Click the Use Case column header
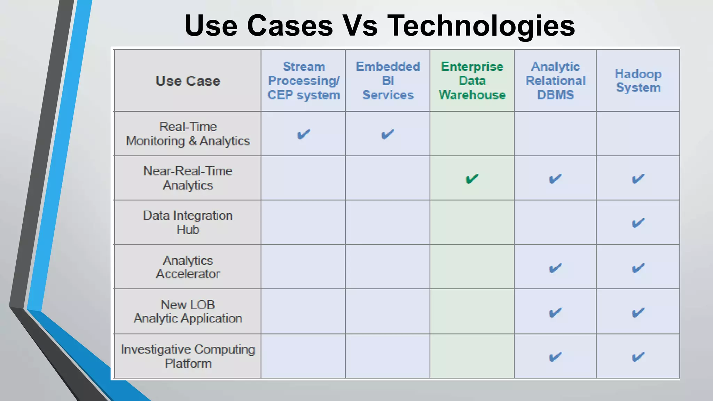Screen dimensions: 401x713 point(188,81)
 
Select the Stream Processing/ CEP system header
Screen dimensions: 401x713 point(304,81)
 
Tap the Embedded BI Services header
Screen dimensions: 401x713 point(388,81)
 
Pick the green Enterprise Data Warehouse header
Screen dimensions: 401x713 point(472,81)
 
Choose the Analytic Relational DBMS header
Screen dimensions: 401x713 point(555,81)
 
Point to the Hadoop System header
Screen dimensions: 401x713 point(638,81)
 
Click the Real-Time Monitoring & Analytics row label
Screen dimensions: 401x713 point(188,134)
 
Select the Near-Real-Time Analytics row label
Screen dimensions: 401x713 point(188,178)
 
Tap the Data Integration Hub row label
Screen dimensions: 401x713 point(188,222)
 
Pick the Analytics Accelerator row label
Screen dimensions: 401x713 point(188,267)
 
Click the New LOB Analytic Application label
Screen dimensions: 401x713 point(188,312)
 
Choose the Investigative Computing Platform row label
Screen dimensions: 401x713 point(188,356)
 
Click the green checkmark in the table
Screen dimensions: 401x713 point(472,179)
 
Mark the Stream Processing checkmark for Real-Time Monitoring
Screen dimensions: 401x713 point(304,134)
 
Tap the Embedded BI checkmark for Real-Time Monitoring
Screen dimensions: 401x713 point(387,134)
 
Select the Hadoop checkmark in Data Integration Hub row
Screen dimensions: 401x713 point(638,223)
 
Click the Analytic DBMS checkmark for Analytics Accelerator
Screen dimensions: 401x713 point(555,268)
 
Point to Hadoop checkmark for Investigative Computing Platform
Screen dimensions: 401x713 point(638,357)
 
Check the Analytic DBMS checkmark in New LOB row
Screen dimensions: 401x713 point(555,313)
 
